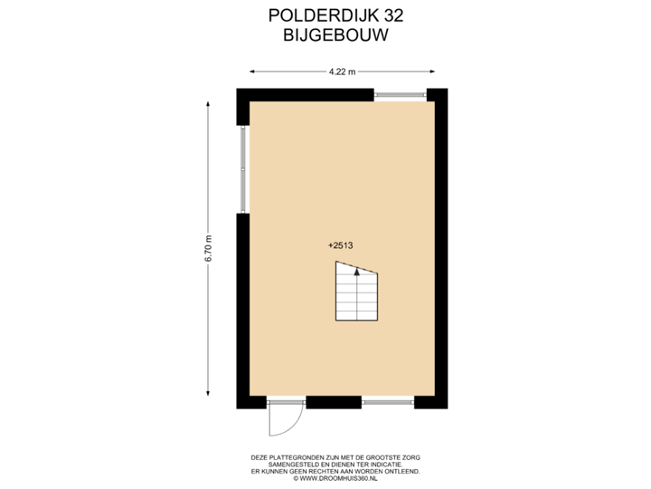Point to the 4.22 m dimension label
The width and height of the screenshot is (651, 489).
pyautogui.click(x=342, y=71)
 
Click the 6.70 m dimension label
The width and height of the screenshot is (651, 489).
pyautogui.click(x=209, y=248)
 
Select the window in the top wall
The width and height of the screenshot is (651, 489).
pyautogui.click(x=400, y=93)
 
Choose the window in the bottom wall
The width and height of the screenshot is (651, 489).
pyautogui.click(x=388, y=404)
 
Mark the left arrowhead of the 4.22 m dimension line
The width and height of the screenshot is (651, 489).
pyautogui.click(x=252, y=71)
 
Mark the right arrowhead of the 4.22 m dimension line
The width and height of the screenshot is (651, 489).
pyautogui.click(x=434, y=71)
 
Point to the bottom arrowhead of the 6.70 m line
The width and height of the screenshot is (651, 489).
pyautogui.click(x=209, y=394)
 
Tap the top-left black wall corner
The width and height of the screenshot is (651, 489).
pyautogui.click(x=242, y=94)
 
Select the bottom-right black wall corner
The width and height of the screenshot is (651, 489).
pyautogui.click(x=440, y=404)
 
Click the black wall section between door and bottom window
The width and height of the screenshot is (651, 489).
pyautogui.click(x=334, y=404)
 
